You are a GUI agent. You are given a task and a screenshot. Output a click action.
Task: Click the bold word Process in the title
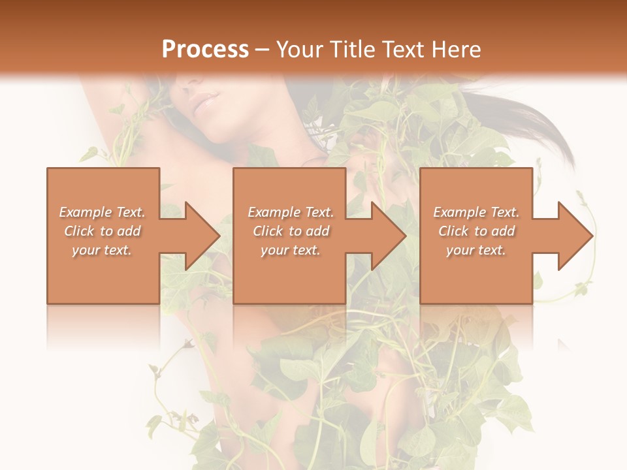tap(205, 50)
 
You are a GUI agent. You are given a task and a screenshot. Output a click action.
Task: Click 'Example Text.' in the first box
tap(102, 212)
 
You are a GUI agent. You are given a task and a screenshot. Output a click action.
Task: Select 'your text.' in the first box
tap(102, 250)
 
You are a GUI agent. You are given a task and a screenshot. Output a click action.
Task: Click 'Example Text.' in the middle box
tap(290, 212)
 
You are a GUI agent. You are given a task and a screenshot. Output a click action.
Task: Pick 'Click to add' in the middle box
tap(290, 231)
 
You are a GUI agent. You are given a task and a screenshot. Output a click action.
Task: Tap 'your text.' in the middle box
tap(290, 250)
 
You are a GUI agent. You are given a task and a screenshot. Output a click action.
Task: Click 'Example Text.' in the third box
tap(475, 212)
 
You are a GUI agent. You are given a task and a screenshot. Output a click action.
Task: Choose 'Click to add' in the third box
tap(475, 231)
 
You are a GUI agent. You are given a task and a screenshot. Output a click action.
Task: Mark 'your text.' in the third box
tap(475, 250)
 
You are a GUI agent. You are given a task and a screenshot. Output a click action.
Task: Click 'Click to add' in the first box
tap(102, 231)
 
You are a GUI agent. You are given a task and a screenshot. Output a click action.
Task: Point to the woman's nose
tap(190, 83)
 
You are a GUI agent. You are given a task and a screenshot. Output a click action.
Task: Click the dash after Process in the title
tap(263, 50)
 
